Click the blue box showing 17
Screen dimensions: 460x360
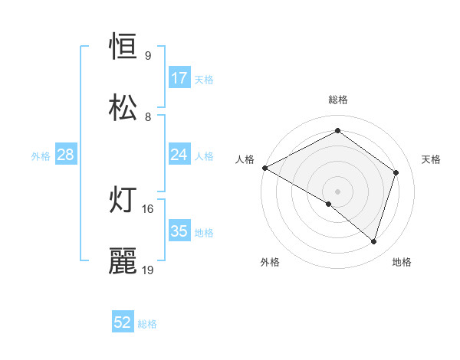click(179, 78)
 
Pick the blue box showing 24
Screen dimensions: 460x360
click(179, 155)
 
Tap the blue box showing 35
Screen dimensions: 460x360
click(179, 231)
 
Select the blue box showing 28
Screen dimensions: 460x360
click(65, 155)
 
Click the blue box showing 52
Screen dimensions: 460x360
click(123, 322)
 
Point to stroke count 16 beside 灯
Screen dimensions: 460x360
click(148, 208)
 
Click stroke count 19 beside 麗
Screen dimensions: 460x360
click(148, 270)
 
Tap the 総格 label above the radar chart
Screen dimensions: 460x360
click(338, 100)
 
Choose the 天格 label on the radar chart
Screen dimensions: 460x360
click(432, 159)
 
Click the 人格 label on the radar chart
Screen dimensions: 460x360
click(245, 159)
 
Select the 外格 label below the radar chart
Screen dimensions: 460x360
click(270, 263)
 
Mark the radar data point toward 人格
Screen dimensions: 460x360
click(264, 168)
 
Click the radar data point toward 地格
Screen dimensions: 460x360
click(374, 241)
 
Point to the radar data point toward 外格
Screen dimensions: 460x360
click(329, 204)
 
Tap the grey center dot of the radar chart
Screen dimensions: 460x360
click(337, 191)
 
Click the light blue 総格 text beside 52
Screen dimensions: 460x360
click(147, 324)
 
